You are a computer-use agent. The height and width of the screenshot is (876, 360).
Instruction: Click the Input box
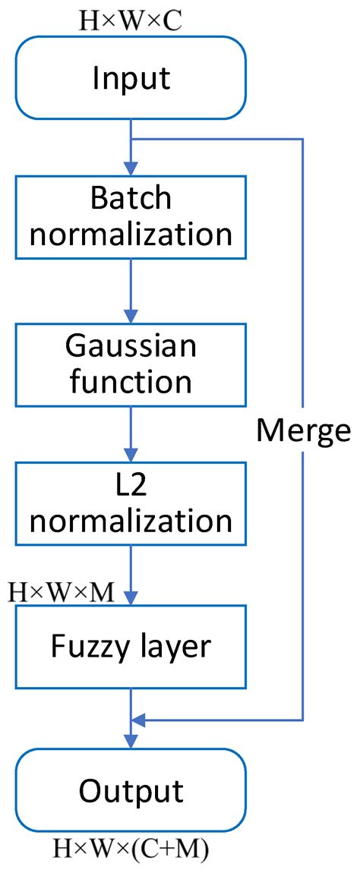point(131,77)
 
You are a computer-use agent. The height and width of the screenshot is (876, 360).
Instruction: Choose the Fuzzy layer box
point(131,645)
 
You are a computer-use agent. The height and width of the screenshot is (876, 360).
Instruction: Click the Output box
point(131,791)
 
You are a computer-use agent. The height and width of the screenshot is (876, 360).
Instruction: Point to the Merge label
point(303,430)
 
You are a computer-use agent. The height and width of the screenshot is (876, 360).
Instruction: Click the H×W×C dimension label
point(131,19)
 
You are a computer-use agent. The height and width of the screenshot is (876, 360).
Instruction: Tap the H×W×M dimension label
point(61,591)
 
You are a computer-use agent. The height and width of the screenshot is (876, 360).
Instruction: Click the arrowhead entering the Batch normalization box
point(131,168)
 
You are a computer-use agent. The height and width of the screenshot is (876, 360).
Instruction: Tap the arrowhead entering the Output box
point(131,742)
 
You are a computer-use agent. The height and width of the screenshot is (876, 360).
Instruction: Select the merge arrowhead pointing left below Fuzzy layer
point(138,720)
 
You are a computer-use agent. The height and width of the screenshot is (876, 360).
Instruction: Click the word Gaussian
point(131,346)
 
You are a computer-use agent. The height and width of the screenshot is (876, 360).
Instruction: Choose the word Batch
point(131,199)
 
